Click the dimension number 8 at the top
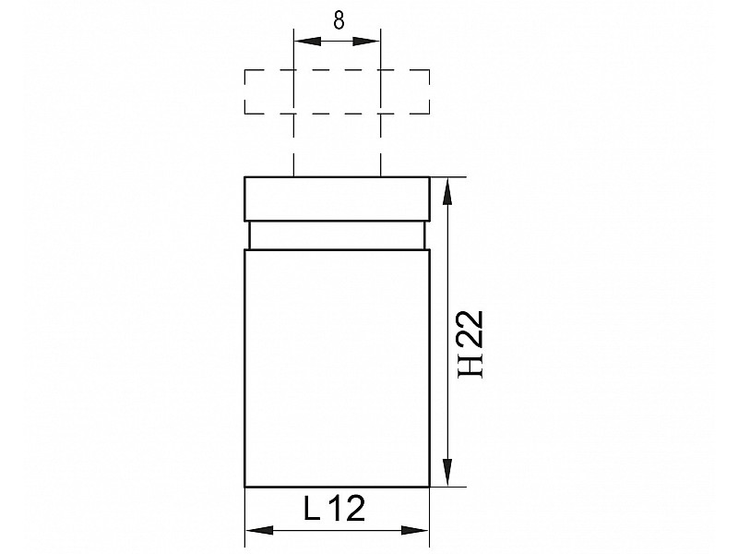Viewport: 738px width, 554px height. pos(339,20)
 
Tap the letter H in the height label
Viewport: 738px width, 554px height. pos(472,365)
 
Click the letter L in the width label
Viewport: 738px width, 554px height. pos(311,508)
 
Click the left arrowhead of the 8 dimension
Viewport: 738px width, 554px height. pos(307,42)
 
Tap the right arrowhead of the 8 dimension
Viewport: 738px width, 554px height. pos(366,42)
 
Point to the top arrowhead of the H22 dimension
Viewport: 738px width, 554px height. pos(448,191)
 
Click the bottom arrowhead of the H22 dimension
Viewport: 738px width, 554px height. pos(448,472)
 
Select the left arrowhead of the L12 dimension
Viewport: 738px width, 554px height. pos(259,530)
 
